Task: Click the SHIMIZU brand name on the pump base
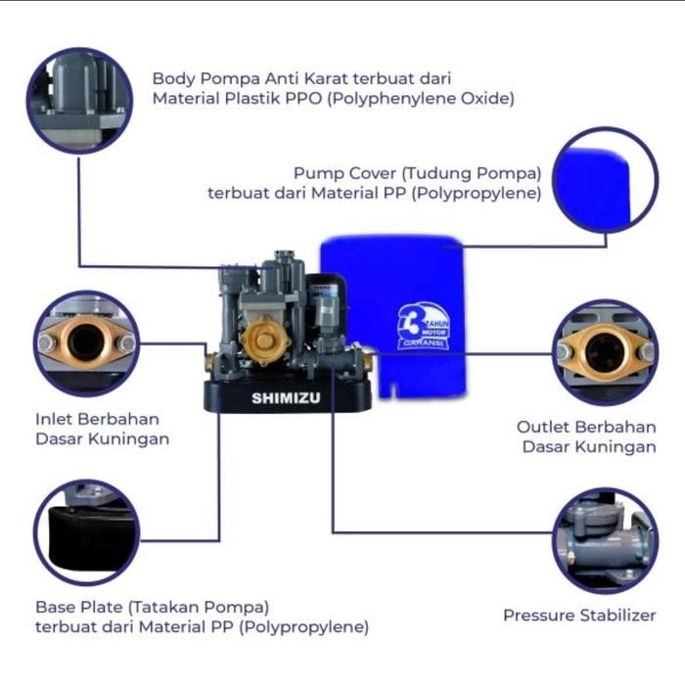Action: (x=286, y=398)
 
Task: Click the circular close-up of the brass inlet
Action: (x=86, y=342)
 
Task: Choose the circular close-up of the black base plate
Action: (x=87, y=532)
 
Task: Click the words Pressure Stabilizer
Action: (x=579, y=616)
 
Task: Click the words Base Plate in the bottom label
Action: (x=72, y=607)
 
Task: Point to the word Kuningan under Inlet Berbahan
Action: (x=129, y=439)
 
